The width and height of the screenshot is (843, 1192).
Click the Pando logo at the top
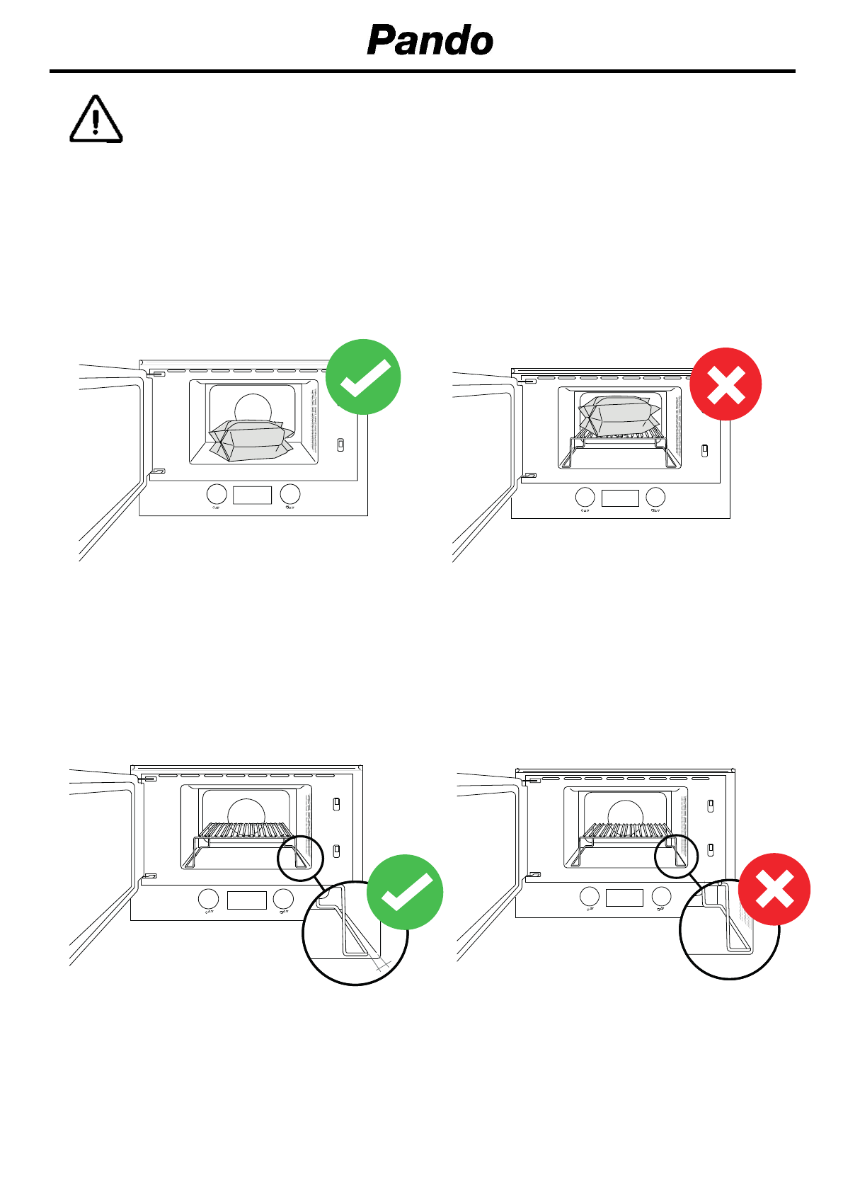[x=430, y=40]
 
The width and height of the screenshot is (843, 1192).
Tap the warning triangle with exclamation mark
[x=96, y=120]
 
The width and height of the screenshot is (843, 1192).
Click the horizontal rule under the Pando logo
[x=422, y=71]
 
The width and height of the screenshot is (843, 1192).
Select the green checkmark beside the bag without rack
[x=363, y=377]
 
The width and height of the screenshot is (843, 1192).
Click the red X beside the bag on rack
[x=726, y=384]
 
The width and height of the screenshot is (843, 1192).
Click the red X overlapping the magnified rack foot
[x=774, y=889]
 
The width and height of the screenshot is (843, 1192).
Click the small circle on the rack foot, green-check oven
[x=301, y=857]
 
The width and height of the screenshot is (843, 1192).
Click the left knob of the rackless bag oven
[x=217, y=494]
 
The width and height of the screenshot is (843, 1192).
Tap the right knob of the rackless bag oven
[x=290, y=494]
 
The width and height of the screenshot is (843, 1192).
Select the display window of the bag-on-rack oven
[x=620, y=498]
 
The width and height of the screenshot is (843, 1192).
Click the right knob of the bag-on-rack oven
[x=656, y=497]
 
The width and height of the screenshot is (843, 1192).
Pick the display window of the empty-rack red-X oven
[x=624, y=898]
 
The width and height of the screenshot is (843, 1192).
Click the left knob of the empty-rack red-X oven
[x=589, y=897]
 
